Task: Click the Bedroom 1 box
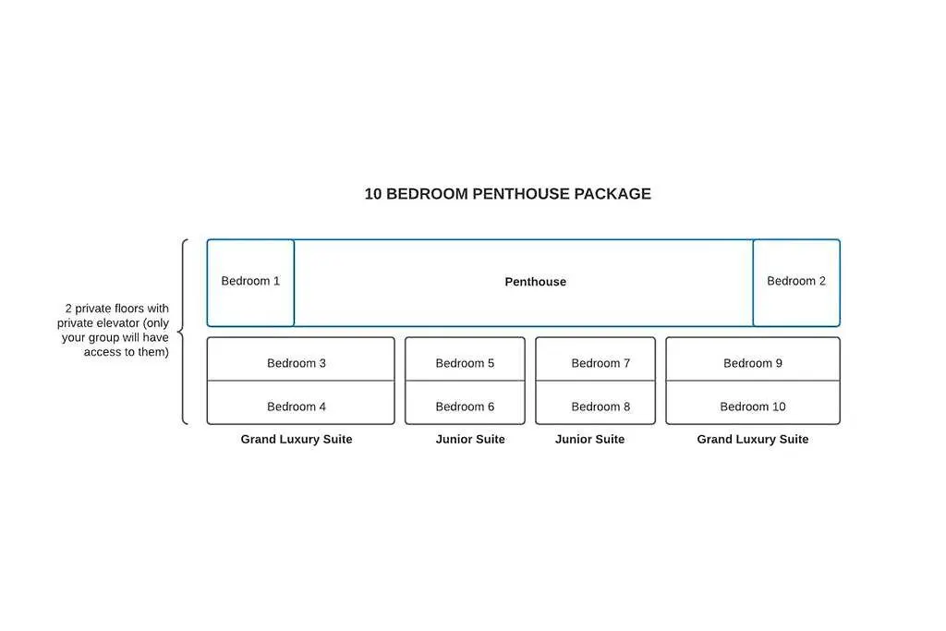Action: click(x=250, y=282)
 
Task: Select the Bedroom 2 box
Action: click(x=796, y=282)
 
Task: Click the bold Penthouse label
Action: click(x=535, y=282)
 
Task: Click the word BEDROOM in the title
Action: click(x=427, y=194)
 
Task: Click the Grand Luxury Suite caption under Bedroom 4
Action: click(x=297, y=440)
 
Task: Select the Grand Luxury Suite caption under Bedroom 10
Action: click(x=753, y=440)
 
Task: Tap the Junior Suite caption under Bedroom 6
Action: click(x=470, y=440)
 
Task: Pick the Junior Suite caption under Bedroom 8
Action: click(x=589, y=440)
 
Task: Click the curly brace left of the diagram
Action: click(x=183, y=332)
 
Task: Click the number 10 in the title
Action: click(x=372, y=194)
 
